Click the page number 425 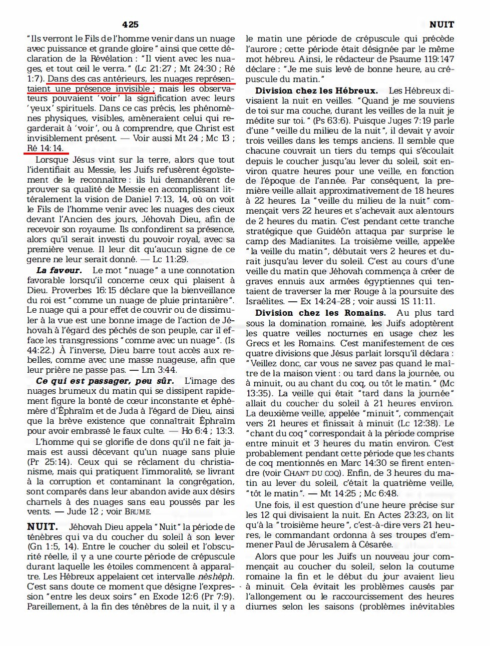130,24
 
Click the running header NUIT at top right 441,24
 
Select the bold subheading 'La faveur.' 59,270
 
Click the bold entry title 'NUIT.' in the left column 43,526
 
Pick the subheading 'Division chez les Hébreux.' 316,91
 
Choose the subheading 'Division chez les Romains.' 320,313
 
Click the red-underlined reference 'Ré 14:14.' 46,149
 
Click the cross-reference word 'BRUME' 137,512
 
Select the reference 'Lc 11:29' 171,259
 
